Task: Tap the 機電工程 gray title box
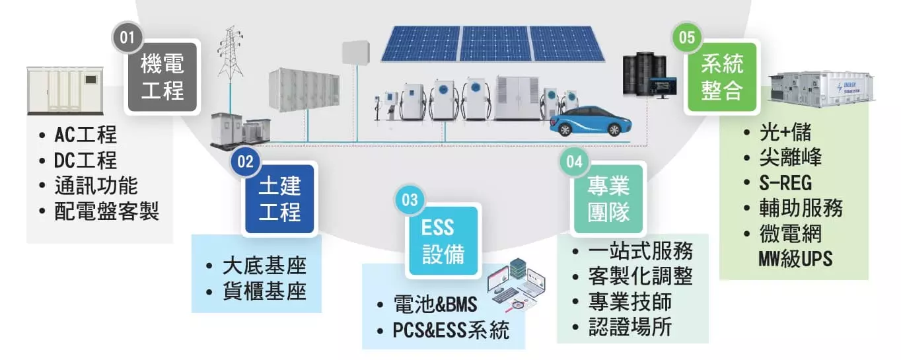coord(162,77)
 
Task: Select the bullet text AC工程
coord(86,135)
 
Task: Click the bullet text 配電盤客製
coord(106,211)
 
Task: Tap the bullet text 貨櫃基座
coord(264,291)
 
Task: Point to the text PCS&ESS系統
coord(451,330)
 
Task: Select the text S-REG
coord(785,182)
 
